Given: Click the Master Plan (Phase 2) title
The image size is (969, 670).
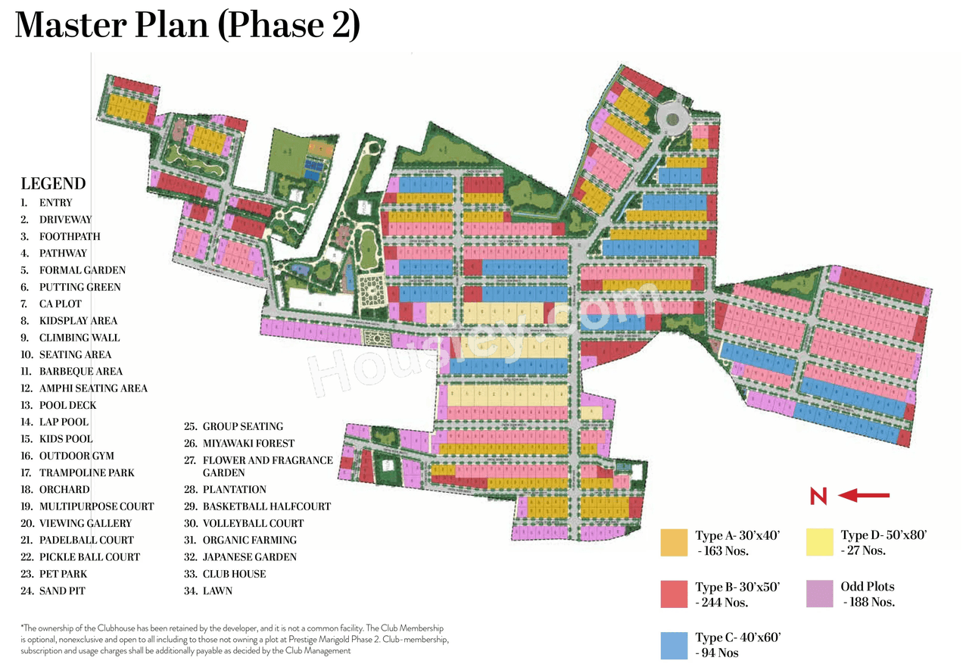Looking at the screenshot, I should pyautogui.click(x=187, y=26).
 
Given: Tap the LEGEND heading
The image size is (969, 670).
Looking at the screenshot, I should pyautogui.click(x=53, y=184).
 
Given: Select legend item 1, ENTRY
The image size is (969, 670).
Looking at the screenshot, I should pyautogui.click(x=55, y=203).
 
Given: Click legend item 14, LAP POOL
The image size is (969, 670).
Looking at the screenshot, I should pyautogui.click(x=64, y=422).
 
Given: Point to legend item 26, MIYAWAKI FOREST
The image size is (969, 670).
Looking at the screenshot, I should pyautogui.click(x=248, y=444).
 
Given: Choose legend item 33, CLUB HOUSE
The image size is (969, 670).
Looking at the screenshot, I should pyautogui.click(x=234, y=574).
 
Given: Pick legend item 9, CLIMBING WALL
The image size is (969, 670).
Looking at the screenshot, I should pyautogui.click(x=79, y=338).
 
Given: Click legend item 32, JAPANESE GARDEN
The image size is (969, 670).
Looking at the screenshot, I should pyautogui.click(x=249, y=557).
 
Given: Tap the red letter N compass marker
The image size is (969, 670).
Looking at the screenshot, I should pyautogui.click(x=818, y=497).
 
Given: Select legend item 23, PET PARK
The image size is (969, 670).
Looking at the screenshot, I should pyautogui.click(x=64, y=574).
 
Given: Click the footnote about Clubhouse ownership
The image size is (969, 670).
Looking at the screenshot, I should pyautogui.click(x=235, y=640).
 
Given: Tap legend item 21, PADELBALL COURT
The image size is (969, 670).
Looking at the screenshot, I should pyautogui.click(x=86, y=540).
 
